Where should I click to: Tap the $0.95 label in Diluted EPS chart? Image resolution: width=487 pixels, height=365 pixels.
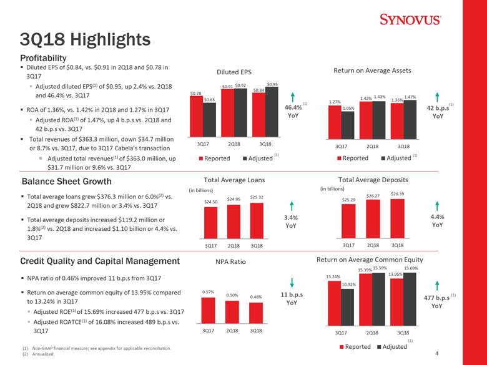[x=272, y=85]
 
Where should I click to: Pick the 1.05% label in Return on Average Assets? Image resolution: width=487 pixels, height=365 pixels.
[x=348, y=108]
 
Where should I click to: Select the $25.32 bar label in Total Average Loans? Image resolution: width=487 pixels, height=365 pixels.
[x=256, y=198]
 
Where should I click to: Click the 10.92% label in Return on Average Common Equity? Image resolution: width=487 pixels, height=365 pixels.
[x=348, y=285]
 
